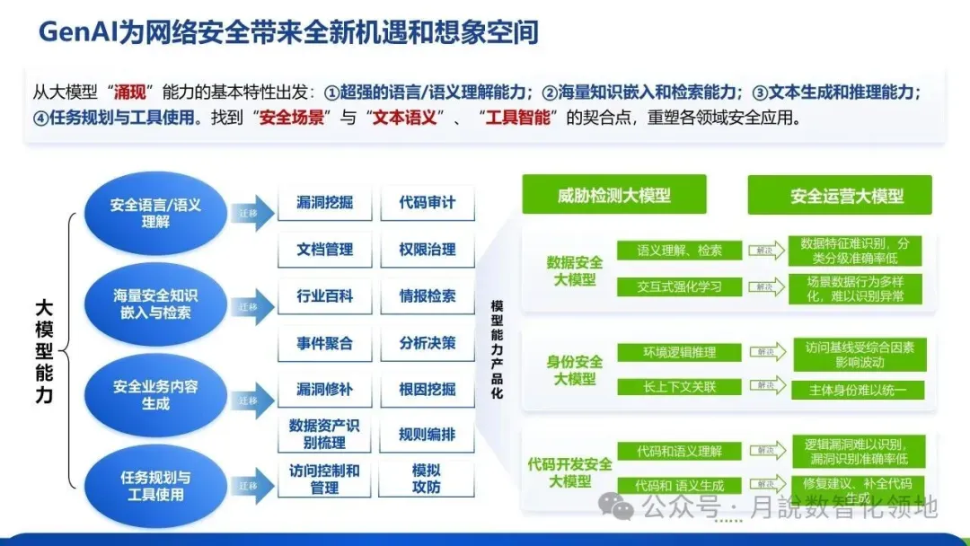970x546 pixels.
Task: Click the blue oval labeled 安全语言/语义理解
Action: [x=155, y=213]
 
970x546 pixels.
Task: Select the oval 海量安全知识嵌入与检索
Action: [x=155, y=304]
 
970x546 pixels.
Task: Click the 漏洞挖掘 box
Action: [x=324, y=203]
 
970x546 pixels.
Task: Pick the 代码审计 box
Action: [x=427, y=203]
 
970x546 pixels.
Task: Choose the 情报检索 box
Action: [x=427, y=295]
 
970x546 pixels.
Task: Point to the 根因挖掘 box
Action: [x=427, y=389]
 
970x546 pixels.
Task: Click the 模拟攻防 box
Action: [x=427, y=479]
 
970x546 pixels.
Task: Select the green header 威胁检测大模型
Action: [x=614, y=195]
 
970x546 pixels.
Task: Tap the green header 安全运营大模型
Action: [x=840, y=195]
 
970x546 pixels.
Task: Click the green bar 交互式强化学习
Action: [x=680, y=287]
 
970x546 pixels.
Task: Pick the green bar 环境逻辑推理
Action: [x=680, y=353]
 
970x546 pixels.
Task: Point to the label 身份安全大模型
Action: [x=575, y=370]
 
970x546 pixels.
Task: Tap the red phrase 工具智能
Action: [x=520, y=118]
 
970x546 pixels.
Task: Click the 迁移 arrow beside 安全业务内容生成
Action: [x=251, y=400]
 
